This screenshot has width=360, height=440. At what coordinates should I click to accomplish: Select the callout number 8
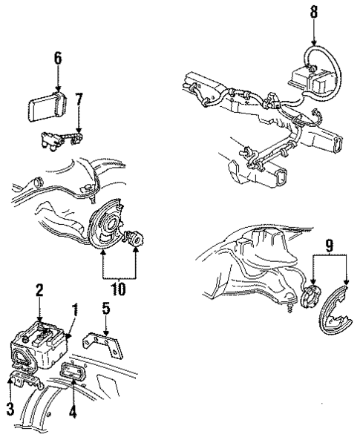[313, 13]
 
